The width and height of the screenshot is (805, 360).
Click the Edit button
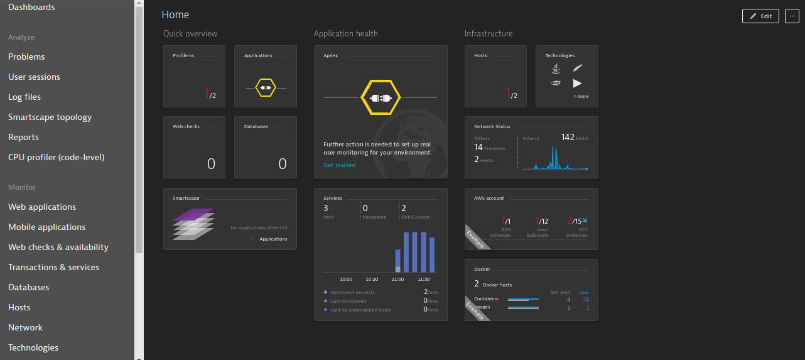760,16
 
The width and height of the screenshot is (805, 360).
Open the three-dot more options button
792,16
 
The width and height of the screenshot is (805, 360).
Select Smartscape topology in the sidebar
50,117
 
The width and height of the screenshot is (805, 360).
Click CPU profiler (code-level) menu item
56,157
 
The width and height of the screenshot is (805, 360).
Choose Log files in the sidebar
24,97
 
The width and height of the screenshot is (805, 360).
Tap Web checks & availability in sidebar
58,247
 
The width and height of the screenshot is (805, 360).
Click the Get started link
339,165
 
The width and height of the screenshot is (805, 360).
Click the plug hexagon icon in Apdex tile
381,98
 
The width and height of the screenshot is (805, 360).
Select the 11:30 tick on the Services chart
424,279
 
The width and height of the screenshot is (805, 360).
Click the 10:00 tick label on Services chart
346,279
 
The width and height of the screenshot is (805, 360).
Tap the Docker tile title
482,269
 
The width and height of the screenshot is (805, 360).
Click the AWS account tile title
489,198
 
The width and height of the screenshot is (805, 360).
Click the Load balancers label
542,232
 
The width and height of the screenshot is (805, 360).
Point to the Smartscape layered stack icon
193,224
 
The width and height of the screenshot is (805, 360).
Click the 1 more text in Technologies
581,97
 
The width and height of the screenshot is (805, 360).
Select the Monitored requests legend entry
352,292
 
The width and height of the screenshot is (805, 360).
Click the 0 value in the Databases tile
283,164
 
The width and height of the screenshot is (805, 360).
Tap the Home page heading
175,14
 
